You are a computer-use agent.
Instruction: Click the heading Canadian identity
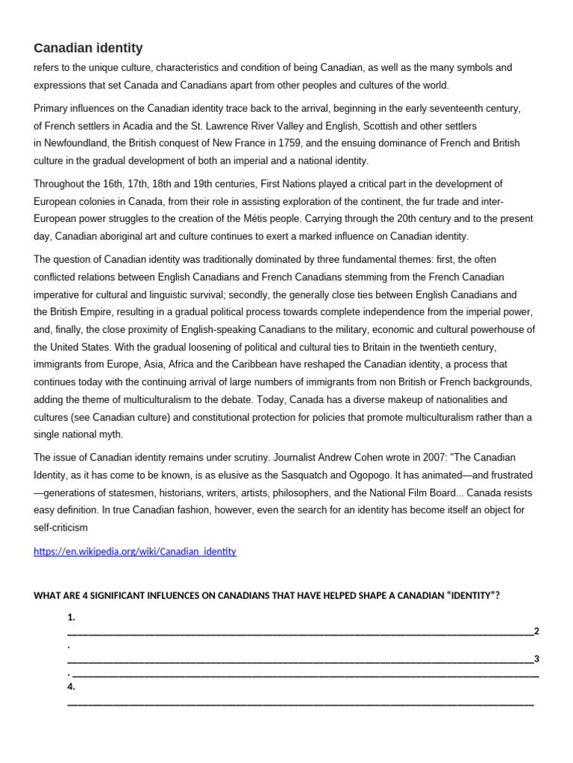(x=88, y=48)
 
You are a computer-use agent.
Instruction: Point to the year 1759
(x=289, y=142)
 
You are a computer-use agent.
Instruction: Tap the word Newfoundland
(x=77, y=142)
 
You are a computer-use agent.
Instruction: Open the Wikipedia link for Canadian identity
(x=135, y=551)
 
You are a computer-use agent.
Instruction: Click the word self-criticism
(x=61, y=528)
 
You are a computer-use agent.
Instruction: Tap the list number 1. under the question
(x=72, y=617)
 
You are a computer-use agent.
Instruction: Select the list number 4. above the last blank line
(x=72, y=687)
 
